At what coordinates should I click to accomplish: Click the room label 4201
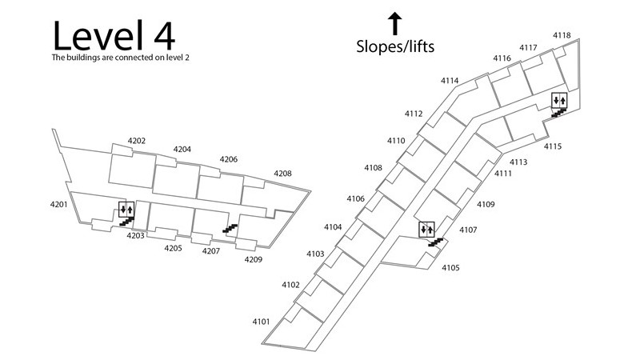tap(58, 205)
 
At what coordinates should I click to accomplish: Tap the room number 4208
tap(282, 174)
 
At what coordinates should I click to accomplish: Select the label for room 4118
tap(562, 35)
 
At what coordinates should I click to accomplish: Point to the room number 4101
tap(261, 322)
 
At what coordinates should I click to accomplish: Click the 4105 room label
tap(450, 268)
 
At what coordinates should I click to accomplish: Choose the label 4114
tap(450, 81)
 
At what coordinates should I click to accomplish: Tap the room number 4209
tap(253, 259)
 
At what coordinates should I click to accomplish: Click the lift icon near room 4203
tap(126, 210)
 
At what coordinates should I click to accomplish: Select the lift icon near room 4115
tap(560, 100)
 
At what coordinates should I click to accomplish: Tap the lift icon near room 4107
tap(426, 230)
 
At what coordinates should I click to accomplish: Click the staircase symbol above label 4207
tap(230, 230)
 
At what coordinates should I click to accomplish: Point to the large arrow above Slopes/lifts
tap(394, 22)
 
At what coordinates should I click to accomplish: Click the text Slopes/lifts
tap(395, 46)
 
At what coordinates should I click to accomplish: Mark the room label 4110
tap(396, 141)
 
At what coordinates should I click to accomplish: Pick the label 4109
tap(486, 205)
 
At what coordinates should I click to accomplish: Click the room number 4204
tap(182, 150)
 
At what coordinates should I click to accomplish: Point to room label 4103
tap(314, 254)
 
